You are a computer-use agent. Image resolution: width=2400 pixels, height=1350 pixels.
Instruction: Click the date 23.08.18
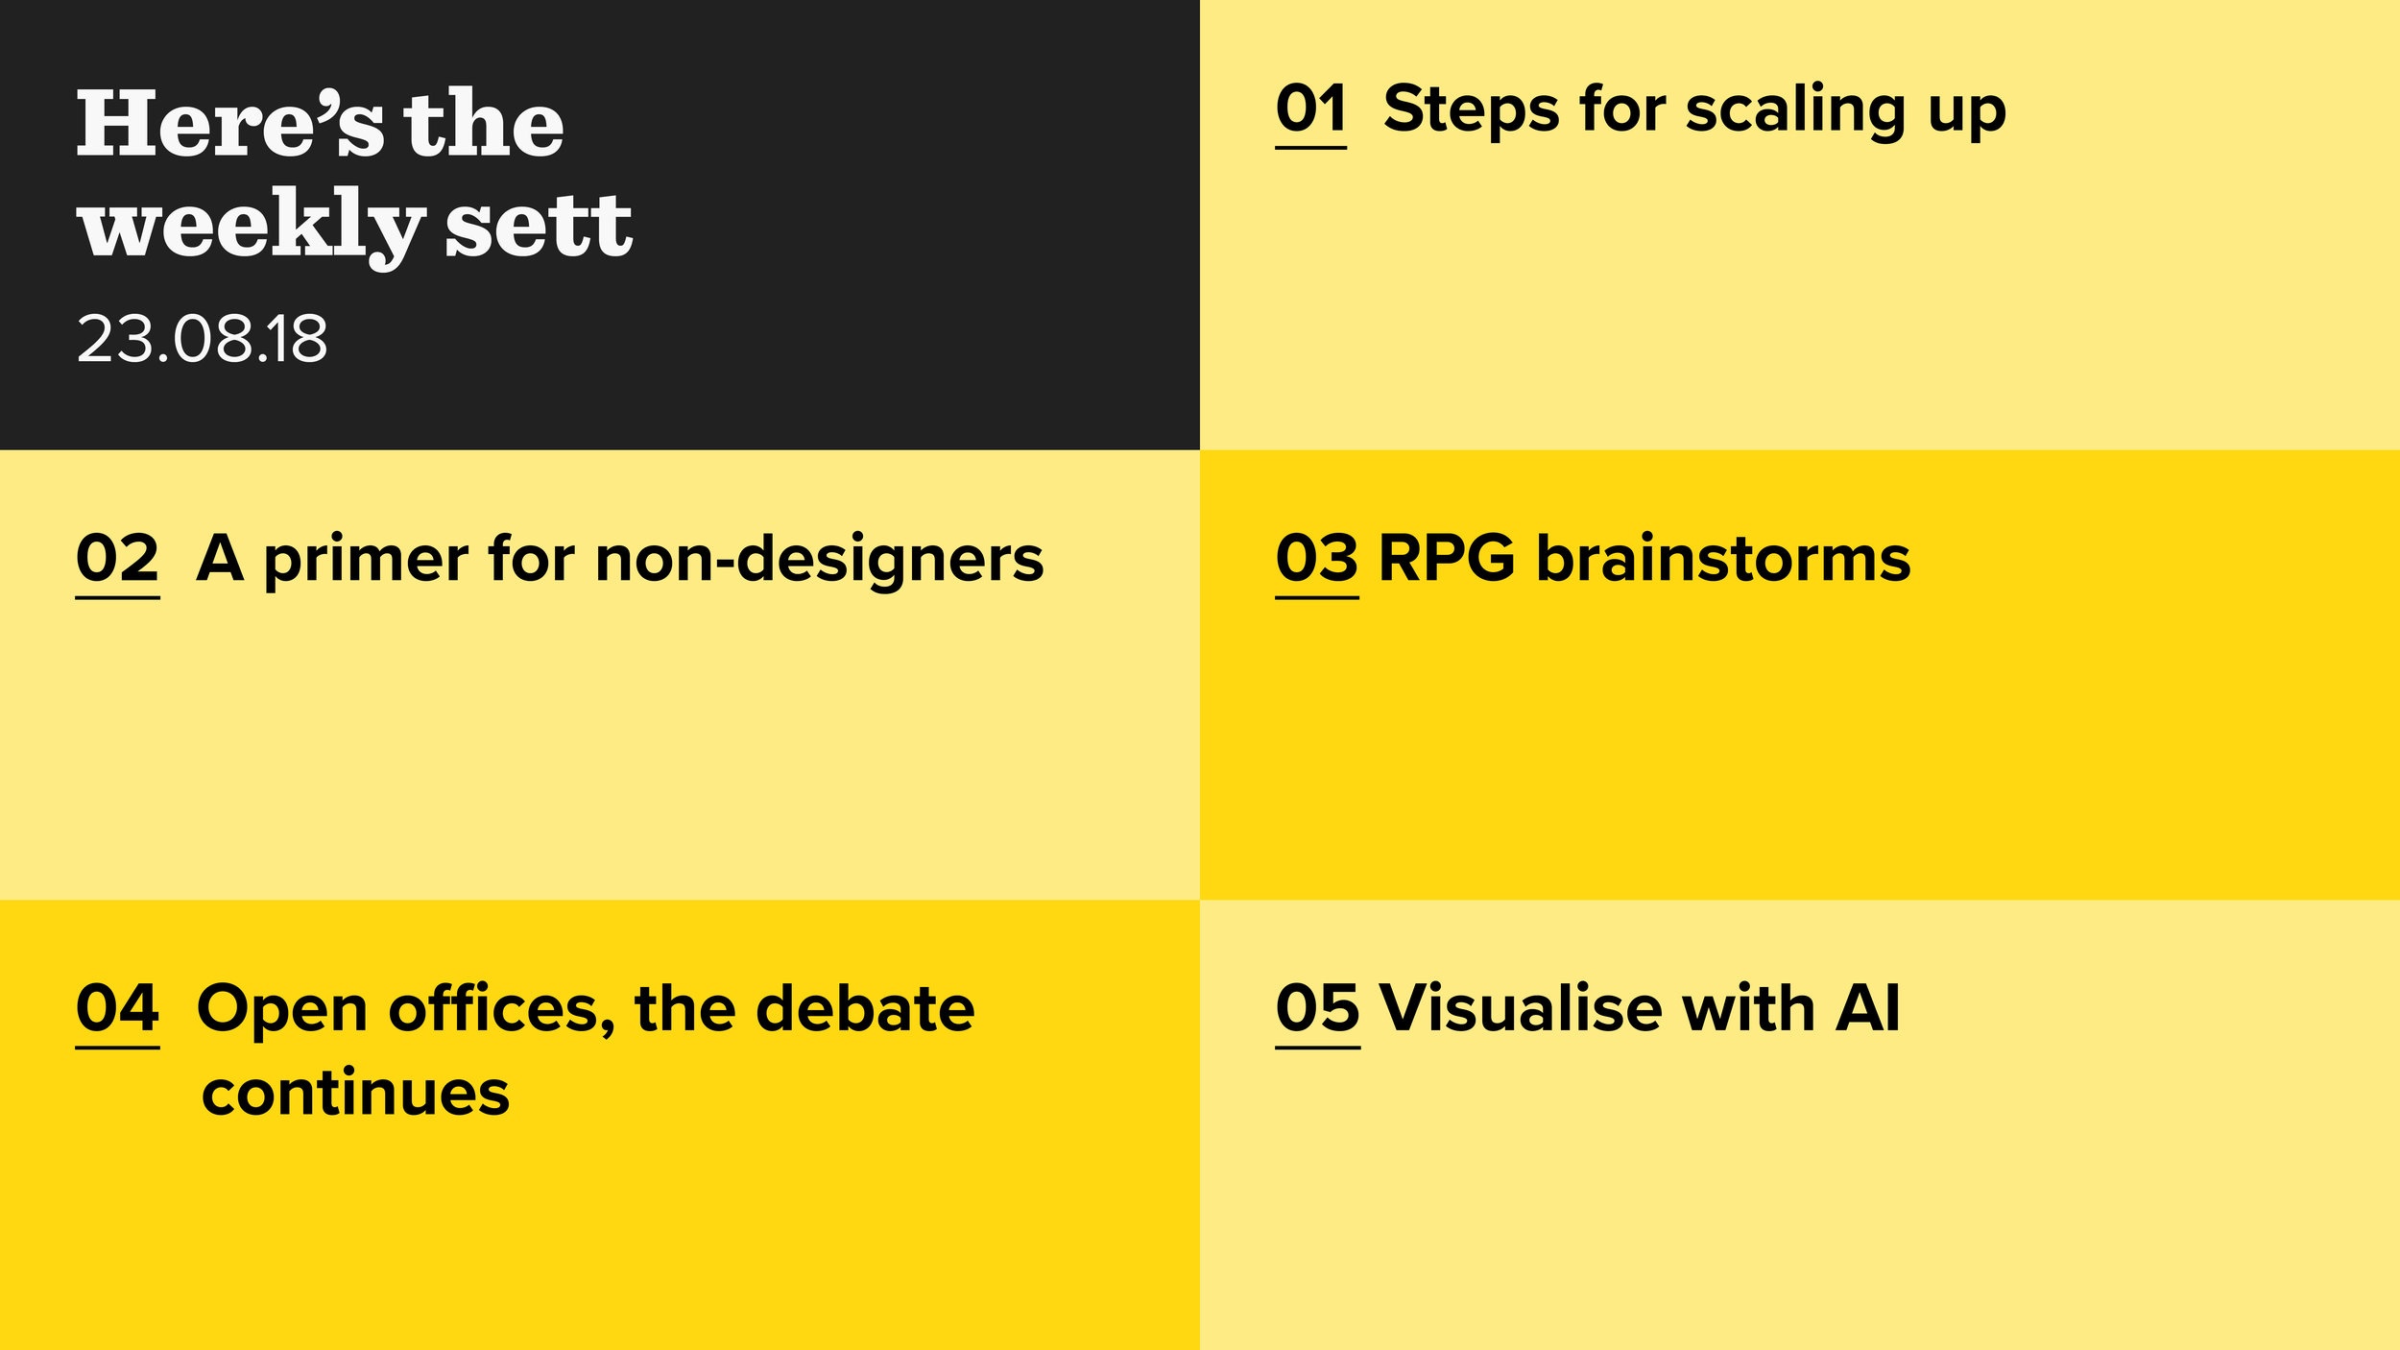click(x=202, y=339)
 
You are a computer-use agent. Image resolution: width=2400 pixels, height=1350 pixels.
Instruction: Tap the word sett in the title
click(x=539, y=225)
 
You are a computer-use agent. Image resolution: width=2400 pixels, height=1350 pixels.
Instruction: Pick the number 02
click(x=117, y=558)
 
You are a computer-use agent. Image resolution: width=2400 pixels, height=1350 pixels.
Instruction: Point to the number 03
click(x=1317, y=558)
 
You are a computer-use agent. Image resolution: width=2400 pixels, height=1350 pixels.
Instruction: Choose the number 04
click(x=117, y=1008)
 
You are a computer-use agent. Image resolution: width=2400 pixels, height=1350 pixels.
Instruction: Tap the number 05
click(x=1317, y=1008)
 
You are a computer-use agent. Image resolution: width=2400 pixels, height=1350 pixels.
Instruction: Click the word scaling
click(x=1794, y=111)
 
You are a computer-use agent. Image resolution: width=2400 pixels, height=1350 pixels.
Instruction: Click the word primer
click(x=365, y=561)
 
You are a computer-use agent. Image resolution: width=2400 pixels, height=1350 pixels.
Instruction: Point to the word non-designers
click(x=819, y=561)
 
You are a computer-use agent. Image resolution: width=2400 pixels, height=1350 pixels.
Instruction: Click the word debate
click(x=865, y=1008)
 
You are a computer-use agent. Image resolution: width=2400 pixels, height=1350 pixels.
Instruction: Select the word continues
click(x=355, y=1093)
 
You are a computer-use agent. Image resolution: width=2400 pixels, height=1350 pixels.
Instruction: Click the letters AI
click(x=1867, y=1008)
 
